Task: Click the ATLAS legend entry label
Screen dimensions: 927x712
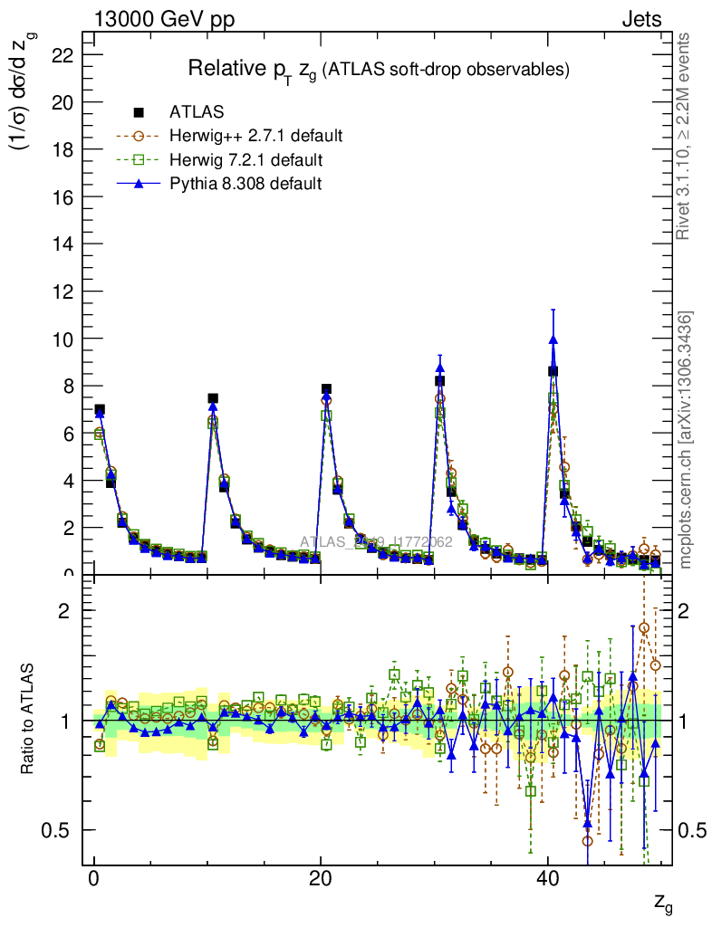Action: point(197,112)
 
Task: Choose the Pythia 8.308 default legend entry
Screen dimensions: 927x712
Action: point(245,184)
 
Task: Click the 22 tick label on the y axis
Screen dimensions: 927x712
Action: point(63,55)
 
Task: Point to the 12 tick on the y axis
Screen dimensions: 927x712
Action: point(63,291)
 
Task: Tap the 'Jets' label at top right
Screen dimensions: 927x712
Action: point(641,19)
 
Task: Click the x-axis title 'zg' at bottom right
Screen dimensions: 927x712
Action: point(662,903)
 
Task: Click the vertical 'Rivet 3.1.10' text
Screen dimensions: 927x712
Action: point(685,136)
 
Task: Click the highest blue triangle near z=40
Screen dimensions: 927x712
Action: point(553,340)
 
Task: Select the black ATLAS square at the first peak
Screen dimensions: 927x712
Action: point(100,410)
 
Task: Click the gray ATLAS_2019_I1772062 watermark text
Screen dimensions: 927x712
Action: point(377,542)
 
